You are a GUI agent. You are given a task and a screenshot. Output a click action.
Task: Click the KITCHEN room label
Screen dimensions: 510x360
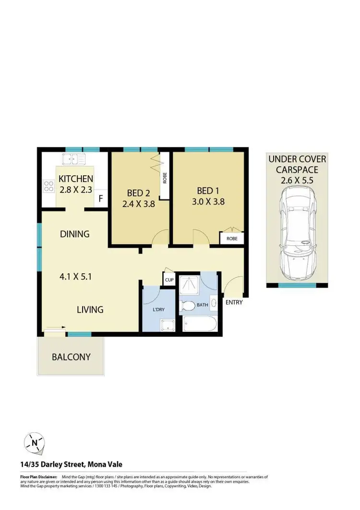(76, 179)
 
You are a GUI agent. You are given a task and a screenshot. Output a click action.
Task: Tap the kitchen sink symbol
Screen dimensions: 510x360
(73, 158)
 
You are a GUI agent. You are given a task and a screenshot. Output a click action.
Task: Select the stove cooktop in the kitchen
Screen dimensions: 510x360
(48, 186)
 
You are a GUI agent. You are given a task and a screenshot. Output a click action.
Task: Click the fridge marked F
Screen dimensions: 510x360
(101, 198)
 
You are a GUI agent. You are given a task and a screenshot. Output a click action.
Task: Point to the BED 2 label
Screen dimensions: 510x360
(138, 193)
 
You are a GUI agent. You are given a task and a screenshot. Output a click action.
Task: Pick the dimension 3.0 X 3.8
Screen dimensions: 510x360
(208, 202)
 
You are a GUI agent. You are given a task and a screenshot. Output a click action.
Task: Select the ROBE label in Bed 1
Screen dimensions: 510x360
(232, 239)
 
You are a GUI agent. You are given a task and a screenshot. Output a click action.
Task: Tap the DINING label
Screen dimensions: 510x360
(75, 234)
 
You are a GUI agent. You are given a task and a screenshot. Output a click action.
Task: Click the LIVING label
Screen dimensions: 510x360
(90, 310)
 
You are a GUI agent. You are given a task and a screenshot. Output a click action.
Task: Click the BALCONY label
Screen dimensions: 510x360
(71, 357)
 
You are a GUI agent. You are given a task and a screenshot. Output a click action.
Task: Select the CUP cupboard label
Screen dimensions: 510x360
(169, 280)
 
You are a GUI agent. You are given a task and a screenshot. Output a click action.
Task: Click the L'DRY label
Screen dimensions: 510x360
(159, 310)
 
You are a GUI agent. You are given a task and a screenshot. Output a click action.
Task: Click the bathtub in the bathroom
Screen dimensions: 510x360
(198, 324)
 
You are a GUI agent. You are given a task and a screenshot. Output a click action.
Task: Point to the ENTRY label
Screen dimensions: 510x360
(234, 303)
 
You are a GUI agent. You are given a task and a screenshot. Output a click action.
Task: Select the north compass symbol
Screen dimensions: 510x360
(34, 443)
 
